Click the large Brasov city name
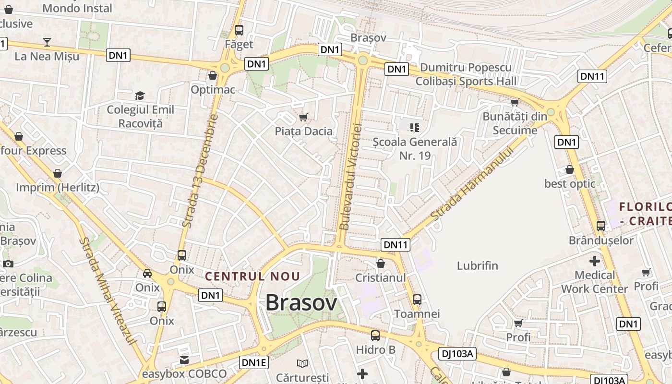coord(301,302)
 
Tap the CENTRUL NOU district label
coord(252,276)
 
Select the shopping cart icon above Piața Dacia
coord(303,117)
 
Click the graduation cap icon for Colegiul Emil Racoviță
coord(140,96)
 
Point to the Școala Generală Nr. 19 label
coord(415,149)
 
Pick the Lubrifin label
coord(477,266)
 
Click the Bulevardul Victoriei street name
coord(350,176)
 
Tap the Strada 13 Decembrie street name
coord(200,170)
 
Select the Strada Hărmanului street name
coord(471,184)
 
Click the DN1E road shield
coord(253,362)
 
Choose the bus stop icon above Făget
coord(239,30)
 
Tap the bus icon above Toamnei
coord(417,300)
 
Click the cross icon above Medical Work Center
coord(594,262)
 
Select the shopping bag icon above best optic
coord(569,170)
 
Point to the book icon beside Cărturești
coord(302,363)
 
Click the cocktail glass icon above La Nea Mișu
coord(47,42)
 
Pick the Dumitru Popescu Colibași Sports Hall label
coord(466,74)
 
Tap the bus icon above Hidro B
coord(375,336)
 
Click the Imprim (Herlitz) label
coord(58,187)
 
